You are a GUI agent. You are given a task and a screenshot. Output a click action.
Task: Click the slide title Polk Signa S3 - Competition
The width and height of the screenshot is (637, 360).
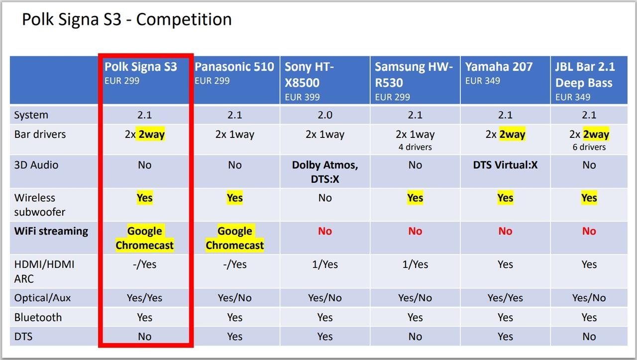pyautogui.click(x=127, y=20)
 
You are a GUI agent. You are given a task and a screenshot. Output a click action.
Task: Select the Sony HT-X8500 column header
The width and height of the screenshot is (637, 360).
pyautogui.click(x=309, y=75)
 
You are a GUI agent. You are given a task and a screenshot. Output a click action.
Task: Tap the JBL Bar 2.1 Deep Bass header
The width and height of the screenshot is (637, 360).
pyautogui.click(x=584, y=75)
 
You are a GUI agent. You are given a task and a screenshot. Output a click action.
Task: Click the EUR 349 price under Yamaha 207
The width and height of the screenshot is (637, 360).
pyautogui.click(x=483, y=81)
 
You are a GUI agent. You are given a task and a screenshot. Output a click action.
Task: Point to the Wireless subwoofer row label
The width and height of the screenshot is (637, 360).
pyautogui.click(x=40, y=205)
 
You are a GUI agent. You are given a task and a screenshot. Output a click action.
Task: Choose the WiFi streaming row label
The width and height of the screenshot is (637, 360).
pyautogui.click(x=51, y=231)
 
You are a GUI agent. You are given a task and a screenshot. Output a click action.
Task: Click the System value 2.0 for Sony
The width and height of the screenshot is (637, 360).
pyautogui.click(x=325, y=115)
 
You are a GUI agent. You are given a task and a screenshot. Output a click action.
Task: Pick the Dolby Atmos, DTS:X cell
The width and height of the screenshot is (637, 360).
pyautogui.click(x=325, y=172)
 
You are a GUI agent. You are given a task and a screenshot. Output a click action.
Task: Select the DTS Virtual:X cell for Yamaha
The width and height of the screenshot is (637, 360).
pyautogui.click(x=505, y=165)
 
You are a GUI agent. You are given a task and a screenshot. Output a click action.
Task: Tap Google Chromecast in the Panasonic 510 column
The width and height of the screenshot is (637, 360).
pyautogui.click(x=235, y=238)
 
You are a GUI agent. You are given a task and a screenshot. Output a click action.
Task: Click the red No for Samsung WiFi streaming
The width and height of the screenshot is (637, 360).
pyautogui.click(x=415, y=231)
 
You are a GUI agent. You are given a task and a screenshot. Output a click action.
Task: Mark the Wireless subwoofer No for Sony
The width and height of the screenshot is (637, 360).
pyautogui.click(x=325, y=198)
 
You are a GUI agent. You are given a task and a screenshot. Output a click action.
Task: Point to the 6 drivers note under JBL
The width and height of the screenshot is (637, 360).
pyautogui.click(x=589, y=147)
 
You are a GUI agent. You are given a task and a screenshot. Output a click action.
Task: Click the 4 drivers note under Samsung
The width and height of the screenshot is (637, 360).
pyautogui.click(x=415, y=147)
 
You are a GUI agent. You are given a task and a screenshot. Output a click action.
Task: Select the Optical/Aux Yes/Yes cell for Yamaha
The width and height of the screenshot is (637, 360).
pyautogui.click(x=505, y=298)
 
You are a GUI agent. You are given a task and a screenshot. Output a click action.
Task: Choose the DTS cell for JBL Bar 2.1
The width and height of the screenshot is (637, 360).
pyautogui.click(x=589, y=337)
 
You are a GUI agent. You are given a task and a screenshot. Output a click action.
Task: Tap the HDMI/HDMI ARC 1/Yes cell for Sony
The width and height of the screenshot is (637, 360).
pyautogui.click(x=325, y=264)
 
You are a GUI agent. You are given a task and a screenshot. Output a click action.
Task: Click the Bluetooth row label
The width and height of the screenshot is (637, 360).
pyautogui.click(x=38, y=318)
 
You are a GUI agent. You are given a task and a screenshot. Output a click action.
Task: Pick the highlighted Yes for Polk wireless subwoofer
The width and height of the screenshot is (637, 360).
pyautogui.click(x=145, y=198)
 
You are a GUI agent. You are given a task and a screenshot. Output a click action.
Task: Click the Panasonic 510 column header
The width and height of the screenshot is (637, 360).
pyautogui.click(x=234, y=67)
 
